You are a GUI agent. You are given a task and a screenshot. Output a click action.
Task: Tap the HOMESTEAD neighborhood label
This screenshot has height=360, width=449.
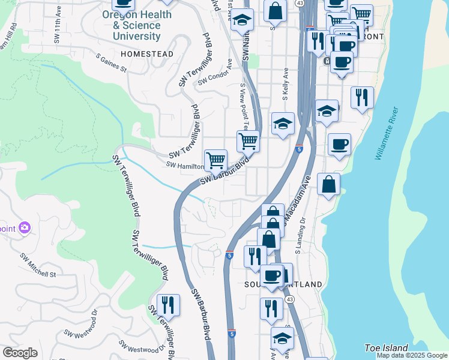(x=147, y=54)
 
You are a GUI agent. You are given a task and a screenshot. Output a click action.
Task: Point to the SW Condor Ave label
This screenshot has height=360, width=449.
(x=214, y=77)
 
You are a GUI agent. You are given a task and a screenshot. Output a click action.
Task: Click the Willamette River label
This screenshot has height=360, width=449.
(x=387, y=133)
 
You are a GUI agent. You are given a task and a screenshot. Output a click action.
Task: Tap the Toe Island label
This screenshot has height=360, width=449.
(x=387, y=348)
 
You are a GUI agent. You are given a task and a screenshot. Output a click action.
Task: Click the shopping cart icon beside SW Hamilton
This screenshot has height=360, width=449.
(x=215, y=160)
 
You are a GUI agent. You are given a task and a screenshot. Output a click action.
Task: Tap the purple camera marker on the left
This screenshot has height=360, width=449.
(x=24, y=227)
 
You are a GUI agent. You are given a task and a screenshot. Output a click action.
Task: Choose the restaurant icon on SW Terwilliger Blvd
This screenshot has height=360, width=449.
(x=168, y=304)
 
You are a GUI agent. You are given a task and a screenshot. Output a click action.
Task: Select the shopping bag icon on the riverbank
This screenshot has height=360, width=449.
(x=329, y=185)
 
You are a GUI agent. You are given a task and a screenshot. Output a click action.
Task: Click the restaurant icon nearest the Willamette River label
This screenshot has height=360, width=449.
(x=362, y=98)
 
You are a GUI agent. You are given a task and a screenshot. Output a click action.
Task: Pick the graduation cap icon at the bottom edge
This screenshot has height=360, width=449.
(x=282, y=338)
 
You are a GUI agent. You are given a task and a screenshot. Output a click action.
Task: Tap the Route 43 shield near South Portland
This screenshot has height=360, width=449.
(x=290, y=299)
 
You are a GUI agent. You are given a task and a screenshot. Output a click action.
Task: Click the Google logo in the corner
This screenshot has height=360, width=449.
(x=20, y=353)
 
